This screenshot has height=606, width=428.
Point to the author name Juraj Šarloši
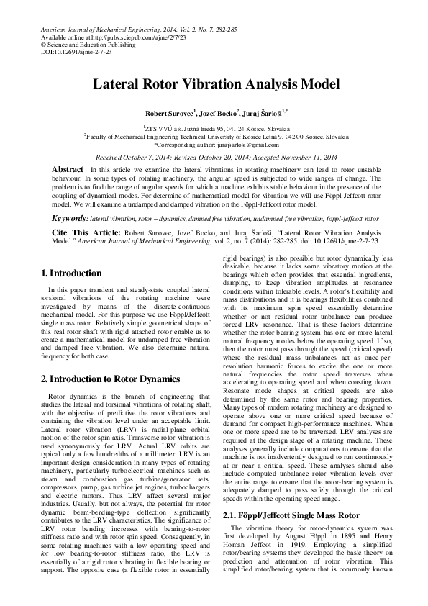click(x=263, y=113)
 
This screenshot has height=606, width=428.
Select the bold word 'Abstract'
click(x=68, y=168)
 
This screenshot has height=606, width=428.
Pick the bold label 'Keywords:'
click(x=70, y=217)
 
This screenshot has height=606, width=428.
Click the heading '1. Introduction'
click(x=71, y=273)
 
